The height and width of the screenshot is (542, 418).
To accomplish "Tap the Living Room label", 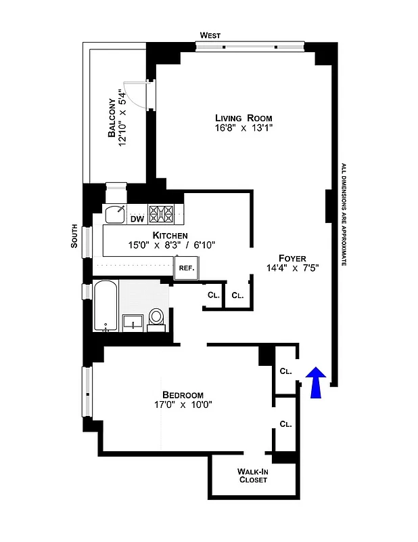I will (x=233, y=118).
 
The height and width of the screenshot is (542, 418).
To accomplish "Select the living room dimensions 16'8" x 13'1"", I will (x=233, y=129).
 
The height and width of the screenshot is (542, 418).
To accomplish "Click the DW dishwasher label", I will (x=137, y=217).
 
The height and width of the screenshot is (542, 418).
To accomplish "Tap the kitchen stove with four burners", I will (x=162, y=214).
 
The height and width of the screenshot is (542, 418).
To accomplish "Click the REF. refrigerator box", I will (x=186, y=268).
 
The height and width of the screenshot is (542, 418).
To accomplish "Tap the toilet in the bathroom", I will (x=156, y=318).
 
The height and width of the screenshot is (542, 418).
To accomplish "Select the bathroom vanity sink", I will (x=133, y=321).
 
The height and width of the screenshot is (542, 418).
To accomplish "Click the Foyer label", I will (x=292, y=257).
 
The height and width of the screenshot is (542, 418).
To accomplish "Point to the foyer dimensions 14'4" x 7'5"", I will (x=292, y=268).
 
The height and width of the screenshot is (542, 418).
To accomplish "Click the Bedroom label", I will (x=183, y=395).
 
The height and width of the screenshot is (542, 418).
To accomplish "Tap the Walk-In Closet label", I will (x=254, y=475).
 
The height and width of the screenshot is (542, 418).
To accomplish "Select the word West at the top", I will (x=210, y=35).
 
